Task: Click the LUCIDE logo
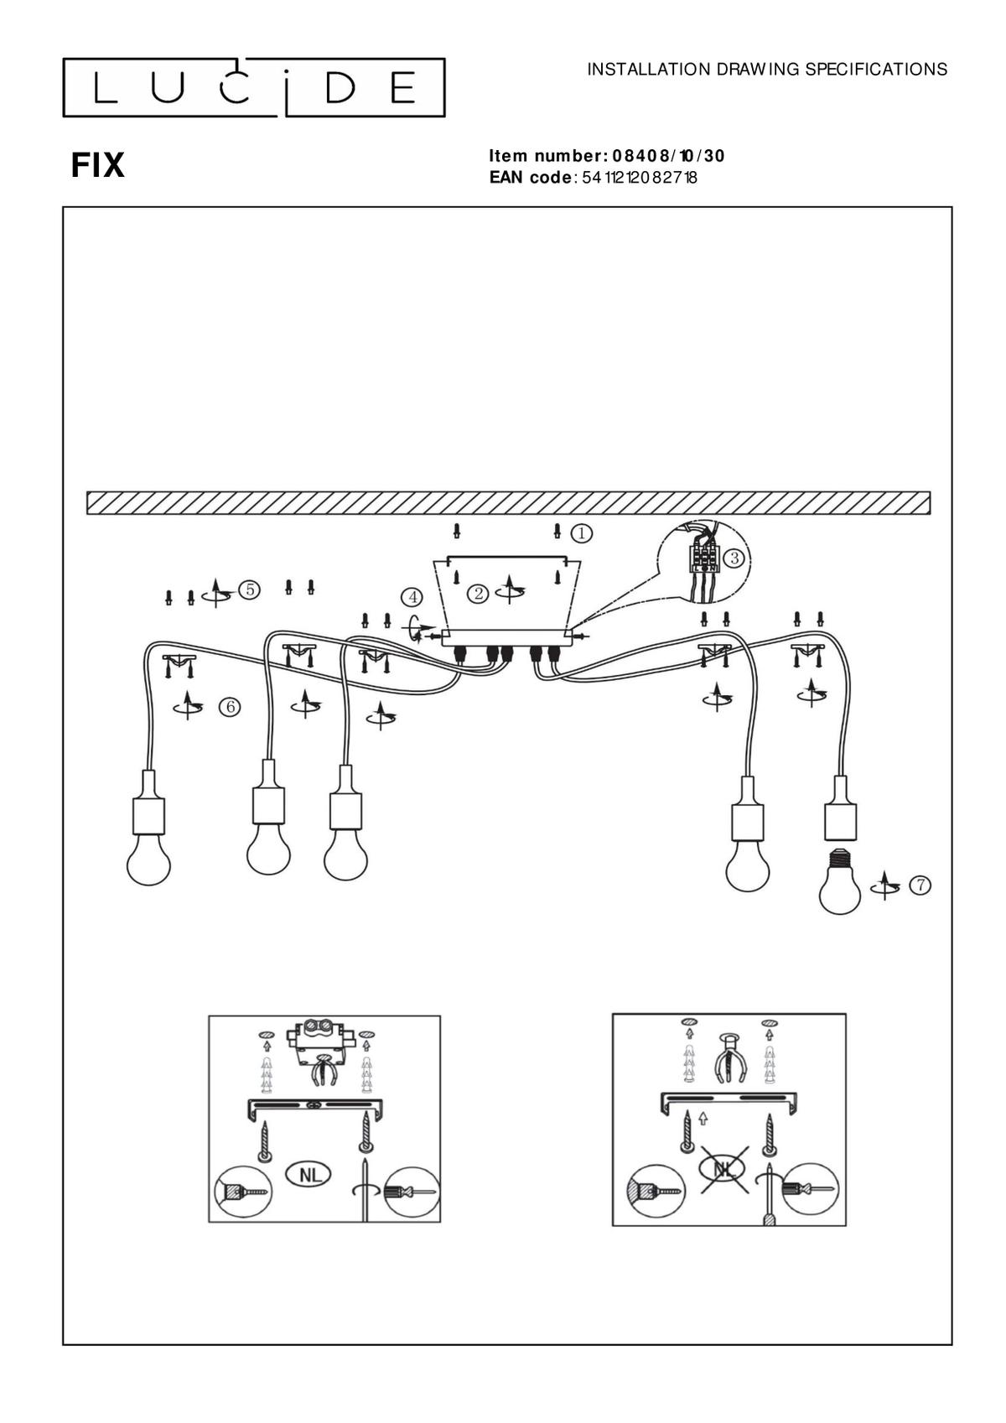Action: pyautogui.click(x=253, y=88)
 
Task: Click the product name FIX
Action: pyautogui.click(x=98, y=166)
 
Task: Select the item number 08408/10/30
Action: pyautogui.click(x=668, y=156)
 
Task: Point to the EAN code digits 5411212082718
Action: pyautogui.click(x=640, y=177)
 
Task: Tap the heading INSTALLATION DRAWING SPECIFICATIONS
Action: pyautogui.click(x=767, y=70)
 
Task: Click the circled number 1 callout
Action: pyautogui.click(x=582, y=533)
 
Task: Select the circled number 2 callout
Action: pyautogui.click(x=478, y=594)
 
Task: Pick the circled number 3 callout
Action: pyautogui.click(x=735, y=559)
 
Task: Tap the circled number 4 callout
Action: pyautogui.click(x=412, y=597)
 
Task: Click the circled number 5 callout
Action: pyautogui.click(x=250, y=589)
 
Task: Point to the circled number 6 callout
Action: pyautogui.click(x=229, y=706)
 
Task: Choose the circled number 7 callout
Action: pyautogui.click(x=920, y=885)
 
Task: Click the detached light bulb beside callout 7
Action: pyautogui.click(x=840, y=881)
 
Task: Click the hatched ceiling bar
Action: pyautogui.click(x=508, y=502)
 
